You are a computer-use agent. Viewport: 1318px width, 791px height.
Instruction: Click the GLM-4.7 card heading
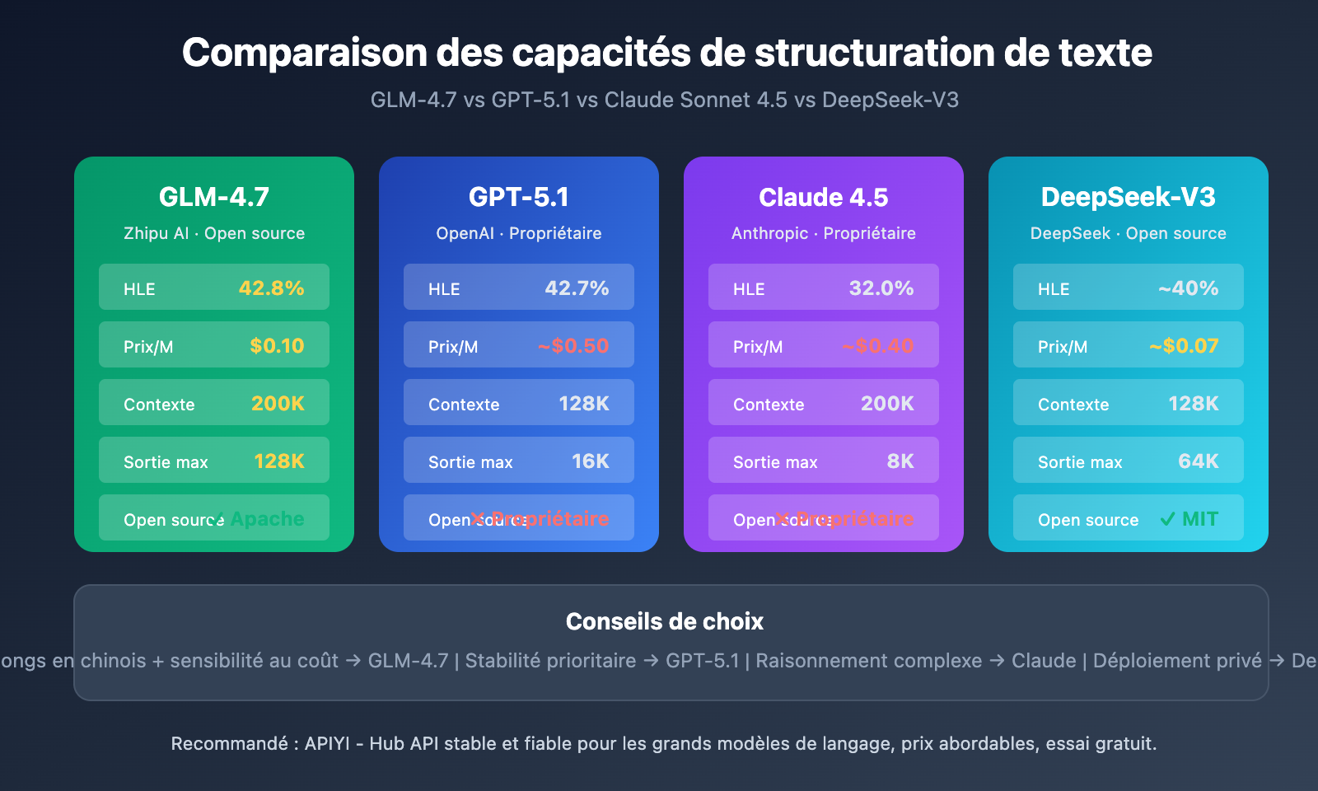(x=214, y=197)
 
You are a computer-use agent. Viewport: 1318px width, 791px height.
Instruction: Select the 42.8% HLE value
(x=271, y=288)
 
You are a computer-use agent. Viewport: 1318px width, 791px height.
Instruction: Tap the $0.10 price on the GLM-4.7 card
(x=277, y=346)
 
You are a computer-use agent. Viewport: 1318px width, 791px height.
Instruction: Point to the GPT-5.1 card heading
(x=519, y=197)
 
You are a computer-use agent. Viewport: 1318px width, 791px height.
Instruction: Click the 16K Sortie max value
(x=590, y=461)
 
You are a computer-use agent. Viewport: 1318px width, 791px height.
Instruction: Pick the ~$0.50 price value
(x=573, y=346)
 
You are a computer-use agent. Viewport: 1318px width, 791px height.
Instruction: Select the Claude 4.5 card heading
(x=824, y=198)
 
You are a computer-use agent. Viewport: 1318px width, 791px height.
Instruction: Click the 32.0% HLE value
(x=881, y=288)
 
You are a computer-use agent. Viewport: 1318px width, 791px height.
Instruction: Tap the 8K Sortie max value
(x=900, y=461)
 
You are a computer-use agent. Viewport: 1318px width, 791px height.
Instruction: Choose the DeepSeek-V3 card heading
(x=1129, y=197)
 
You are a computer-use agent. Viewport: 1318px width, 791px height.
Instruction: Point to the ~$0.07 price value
(x=1184, y=346)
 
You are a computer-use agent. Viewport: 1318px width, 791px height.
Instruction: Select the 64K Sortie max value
(x=1198, y=461)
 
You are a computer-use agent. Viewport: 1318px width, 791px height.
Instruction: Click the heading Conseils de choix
(x=665, y=621)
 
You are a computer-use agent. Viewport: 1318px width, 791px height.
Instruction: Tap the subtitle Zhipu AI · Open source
(x=214, y=233)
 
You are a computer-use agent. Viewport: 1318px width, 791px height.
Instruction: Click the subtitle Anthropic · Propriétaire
(x=824, y=233)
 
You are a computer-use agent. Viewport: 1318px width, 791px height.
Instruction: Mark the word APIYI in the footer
(x=327, y=743)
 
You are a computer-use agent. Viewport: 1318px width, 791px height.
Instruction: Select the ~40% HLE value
(x=1188, y=288)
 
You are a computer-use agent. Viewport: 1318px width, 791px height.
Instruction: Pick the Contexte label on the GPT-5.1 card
(x=464, y=405)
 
